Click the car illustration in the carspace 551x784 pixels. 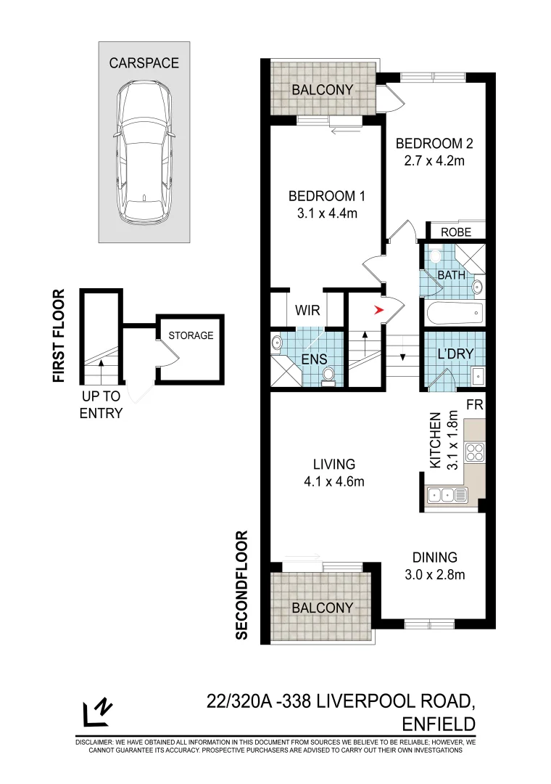point(145,152)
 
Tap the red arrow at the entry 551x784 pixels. point(378,311)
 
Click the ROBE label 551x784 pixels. point(456,232)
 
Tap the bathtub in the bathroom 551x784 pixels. point(453,313)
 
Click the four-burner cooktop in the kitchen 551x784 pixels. point(474,452)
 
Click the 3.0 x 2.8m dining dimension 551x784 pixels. point(434,575)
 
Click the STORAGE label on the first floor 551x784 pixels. point(191,335)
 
